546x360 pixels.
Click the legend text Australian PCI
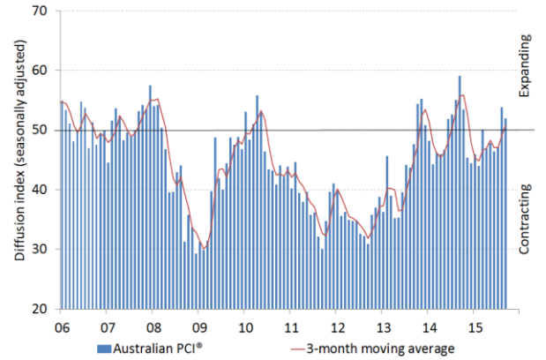161,348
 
